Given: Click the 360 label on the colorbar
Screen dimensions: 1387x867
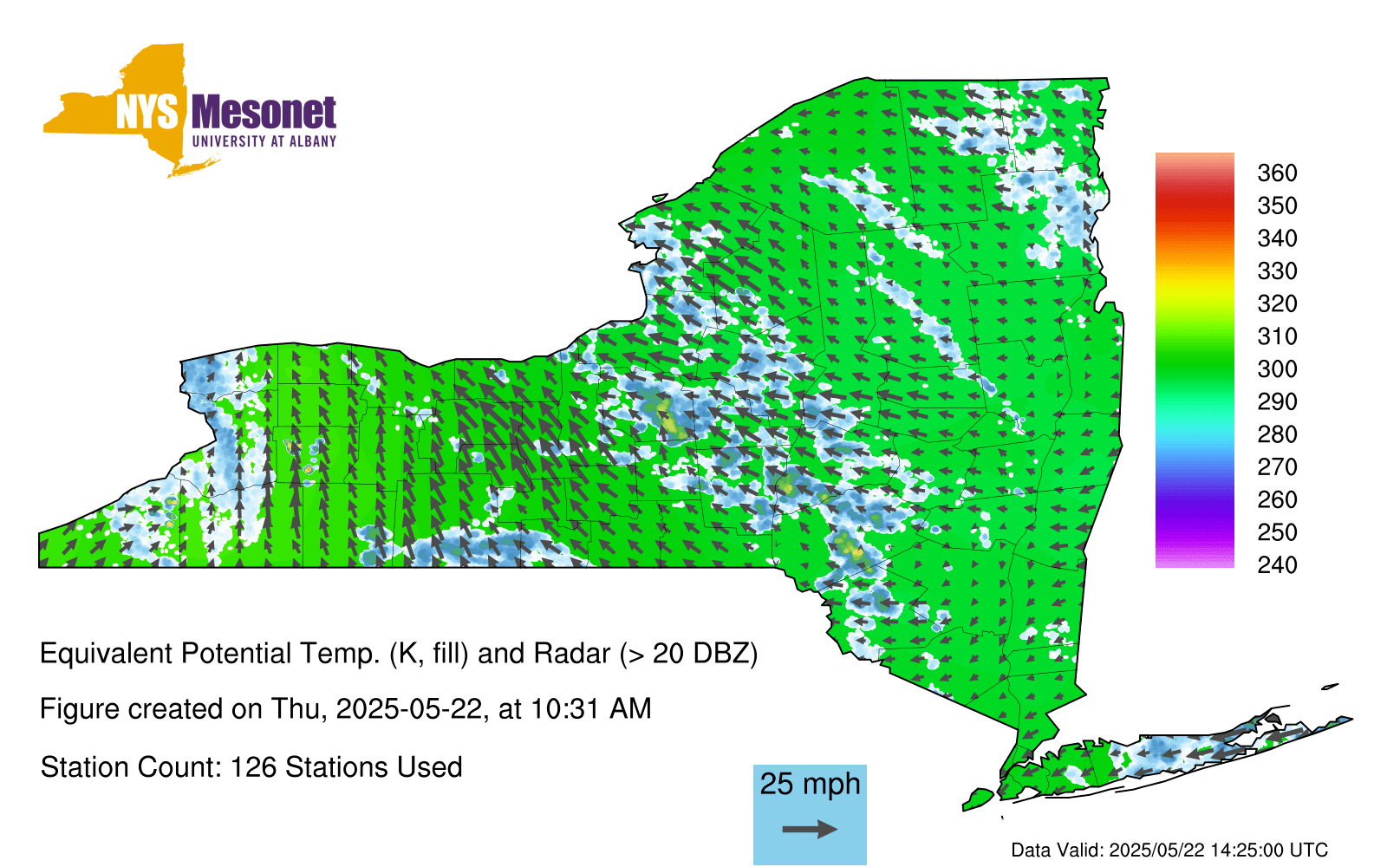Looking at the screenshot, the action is [1277, 173].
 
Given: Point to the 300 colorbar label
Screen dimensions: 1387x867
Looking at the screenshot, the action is [1277, 369].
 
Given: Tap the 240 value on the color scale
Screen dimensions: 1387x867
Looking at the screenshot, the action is [1277, 564].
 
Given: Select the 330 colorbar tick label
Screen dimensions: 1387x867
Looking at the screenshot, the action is [1277, 271].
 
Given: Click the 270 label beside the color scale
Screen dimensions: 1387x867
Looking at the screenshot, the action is [1277, 467].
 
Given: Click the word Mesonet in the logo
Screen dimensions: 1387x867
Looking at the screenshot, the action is [264, 113].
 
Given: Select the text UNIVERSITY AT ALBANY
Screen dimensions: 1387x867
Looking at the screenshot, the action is [264, 141].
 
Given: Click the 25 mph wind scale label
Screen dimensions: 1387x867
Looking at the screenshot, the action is [810, 784].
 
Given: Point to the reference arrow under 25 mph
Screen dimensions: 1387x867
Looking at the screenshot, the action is [810, 829].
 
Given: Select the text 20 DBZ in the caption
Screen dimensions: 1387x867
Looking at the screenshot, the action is [700, 654].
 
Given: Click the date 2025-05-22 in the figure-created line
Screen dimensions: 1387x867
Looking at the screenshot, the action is [408, 709].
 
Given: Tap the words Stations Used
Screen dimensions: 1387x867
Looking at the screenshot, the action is [374, 767].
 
